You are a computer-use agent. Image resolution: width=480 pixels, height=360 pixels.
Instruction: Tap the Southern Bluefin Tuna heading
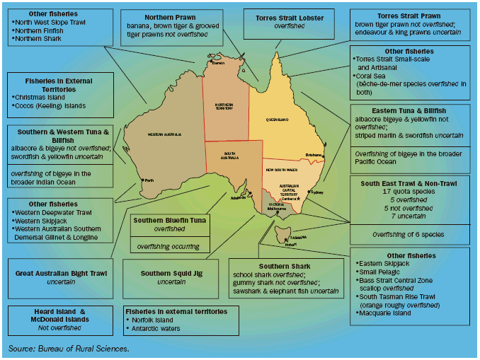tap(169, 220)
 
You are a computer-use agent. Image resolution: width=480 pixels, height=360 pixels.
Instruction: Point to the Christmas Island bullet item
tap(41, 97)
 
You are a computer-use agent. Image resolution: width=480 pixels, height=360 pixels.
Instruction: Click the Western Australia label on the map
tap(165, 134)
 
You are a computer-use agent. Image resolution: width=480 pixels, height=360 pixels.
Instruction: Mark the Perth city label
tap(149, 180)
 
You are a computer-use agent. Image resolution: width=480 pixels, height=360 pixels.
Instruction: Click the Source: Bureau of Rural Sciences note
tap(69, 349)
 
